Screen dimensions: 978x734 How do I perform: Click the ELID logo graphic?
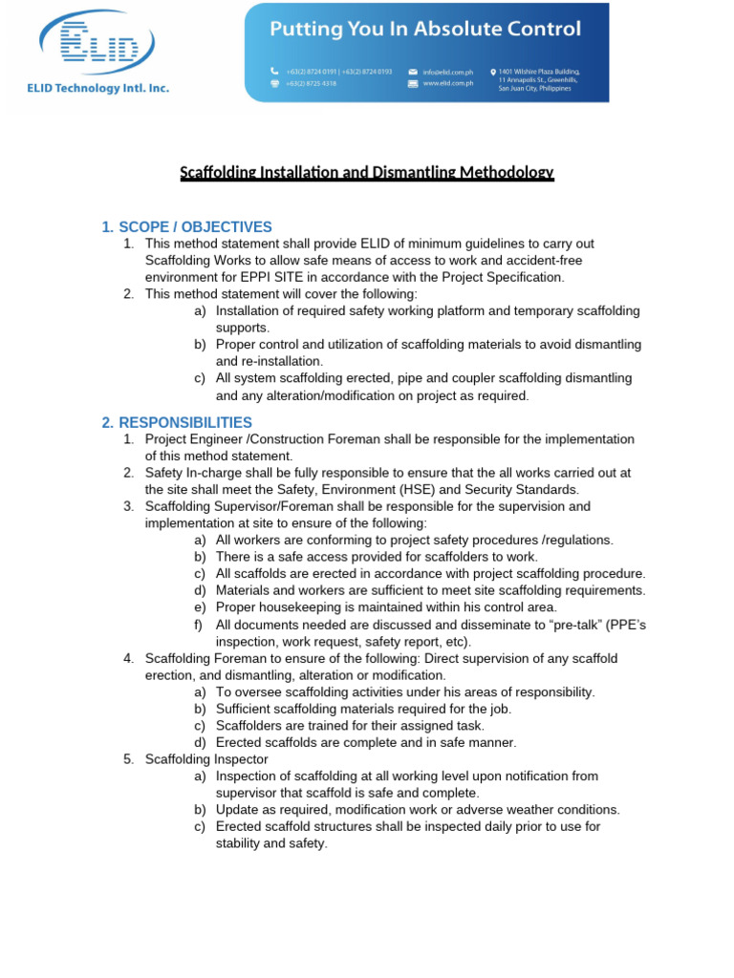(97, 42)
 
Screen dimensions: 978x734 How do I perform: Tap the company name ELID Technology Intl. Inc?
(97, 88)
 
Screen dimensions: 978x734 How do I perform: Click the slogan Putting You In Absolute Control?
(425, 29)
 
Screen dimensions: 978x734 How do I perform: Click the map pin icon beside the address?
(493, 72)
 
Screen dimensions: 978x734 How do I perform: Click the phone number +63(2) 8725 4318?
(316, 83)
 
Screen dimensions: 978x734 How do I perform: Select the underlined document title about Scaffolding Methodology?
(367, 173)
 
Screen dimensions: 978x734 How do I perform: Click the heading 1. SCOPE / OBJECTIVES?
(187, 227)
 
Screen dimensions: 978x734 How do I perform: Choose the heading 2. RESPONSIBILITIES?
(178, 422)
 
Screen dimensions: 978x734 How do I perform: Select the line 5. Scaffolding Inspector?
(206, 759)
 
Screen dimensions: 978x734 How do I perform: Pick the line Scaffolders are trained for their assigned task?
(350, 725)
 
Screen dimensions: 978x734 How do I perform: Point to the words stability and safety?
(271, 843)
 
